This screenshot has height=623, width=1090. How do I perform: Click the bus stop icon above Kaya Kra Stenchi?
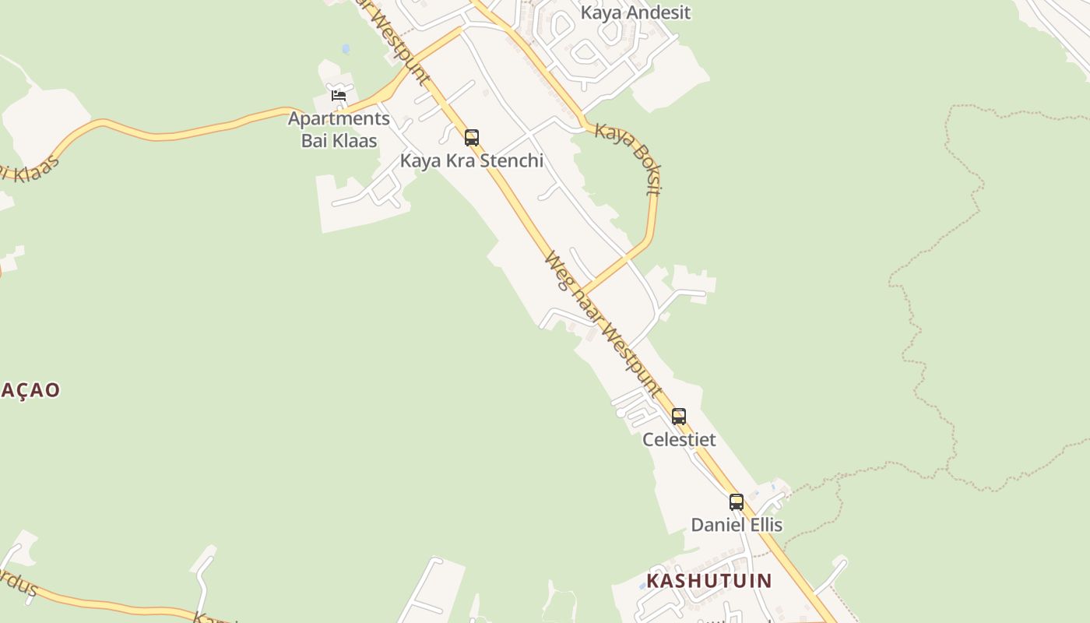(472, 138)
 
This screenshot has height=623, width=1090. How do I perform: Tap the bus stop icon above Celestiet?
(679, 417)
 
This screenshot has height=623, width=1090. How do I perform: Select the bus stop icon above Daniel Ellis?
(737, 502)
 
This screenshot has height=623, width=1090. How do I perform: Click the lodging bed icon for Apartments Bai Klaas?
(339, 96)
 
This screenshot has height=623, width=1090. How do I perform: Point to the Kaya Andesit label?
(635, 12)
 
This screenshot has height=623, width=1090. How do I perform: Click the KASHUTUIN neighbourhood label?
(708, 581)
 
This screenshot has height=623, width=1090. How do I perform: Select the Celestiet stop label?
(679, 439)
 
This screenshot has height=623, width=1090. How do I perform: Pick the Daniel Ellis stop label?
(737, 525)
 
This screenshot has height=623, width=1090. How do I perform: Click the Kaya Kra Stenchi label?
(472, 160)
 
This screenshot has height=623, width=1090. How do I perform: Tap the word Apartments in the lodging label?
(339, 119)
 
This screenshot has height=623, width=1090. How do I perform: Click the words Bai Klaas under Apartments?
(339, 141)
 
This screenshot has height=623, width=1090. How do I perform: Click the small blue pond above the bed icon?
(346, 49)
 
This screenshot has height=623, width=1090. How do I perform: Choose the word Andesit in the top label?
(658, 12)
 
